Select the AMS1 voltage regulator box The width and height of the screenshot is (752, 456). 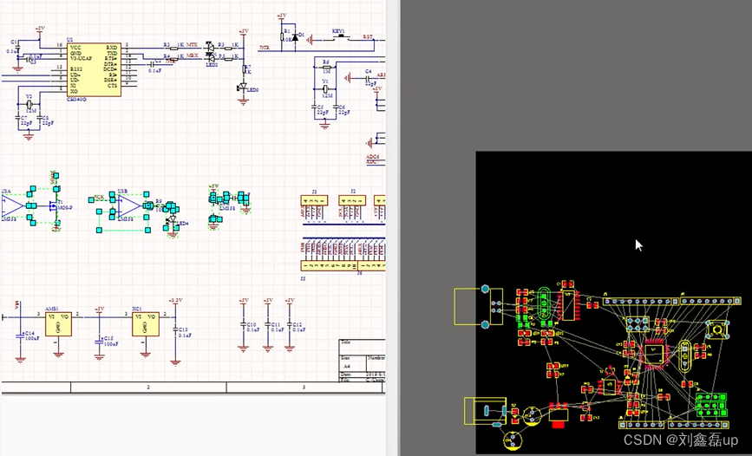point(57,323)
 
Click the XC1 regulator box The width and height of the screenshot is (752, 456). point(145,323)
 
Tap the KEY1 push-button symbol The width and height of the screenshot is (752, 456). point(339,37)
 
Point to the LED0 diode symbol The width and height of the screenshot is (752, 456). point(244,87)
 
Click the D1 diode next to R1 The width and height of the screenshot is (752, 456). point(295,36)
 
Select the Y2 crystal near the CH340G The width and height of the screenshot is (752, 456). point(29,105)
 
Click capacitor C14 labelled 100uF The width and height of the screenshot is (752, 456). point(19,337)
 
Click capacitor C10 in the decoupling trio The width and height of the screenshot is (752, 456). point(243,327)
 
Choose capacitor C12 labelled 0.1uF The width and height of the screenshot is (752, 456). point(290,327)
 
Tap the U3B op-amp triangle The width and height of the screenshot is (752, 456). point(128,206)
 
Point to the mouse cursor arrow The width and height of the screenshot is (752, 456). point(638,245)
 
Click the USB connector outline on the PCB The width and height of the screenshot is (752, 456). point(474,306)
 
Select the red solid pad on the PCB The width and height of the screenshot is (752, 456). point(559,417)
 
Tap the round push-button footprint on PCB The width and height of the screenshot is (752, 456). point(717,330)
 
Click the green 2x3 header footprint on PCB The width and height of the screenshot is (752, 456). point(711,404)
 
